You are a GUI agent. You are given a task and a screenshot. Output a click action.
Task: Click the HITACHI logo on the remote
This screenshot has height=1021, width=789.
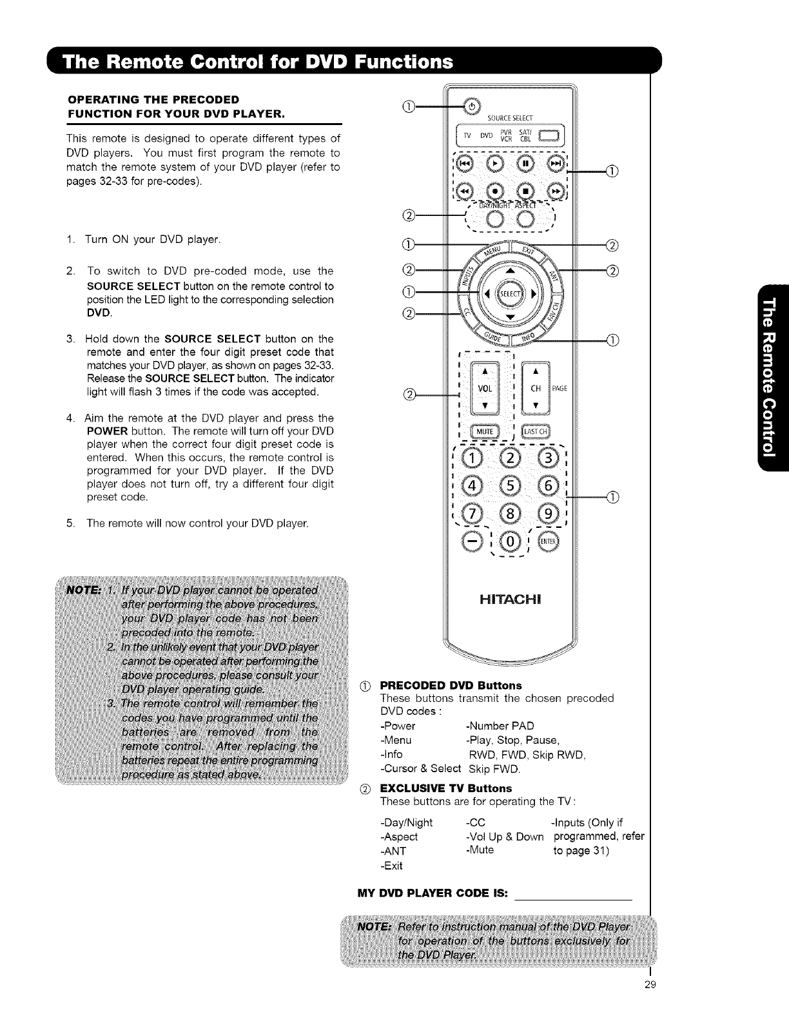tap(510, 599)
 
